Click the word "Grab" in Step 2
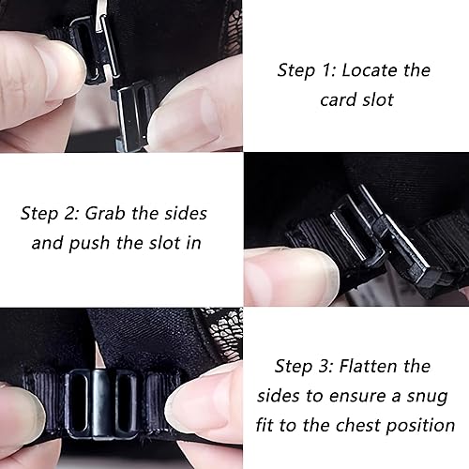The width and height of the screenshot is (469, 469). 105,214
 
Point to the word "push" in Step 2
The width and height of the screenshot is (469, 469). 89,244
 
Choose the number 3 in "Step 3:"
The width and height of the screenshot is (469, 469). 325,366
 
